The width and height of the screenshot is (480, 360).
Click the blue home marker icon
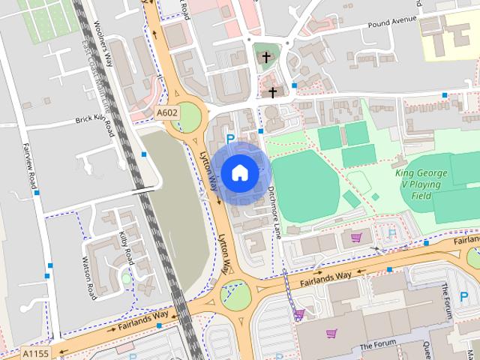239,172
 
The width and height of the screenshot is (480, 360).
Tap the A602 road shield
167,112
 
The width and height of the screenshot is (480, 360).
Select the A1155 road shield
34,352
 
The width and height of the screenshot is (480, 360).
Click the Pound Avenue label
391,22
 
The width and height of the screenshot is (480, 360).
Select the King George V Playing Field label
421,184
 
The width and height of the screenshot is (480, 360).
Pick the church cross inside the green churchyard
265,57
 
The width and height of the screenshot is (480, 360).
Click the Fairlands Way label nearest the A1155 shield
140,322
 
